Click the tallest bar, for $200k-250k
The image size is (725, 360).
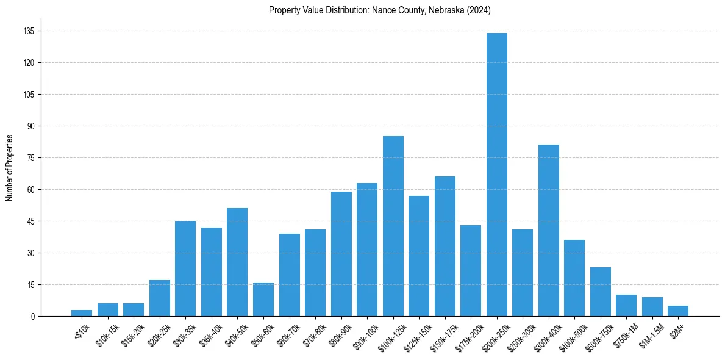click(496, 175)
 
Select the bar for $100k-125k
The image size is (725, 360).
click(393, 226)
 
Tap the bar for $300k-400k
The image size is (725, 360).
click(548, 230)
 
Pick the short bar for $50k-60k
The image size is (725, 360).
click(263, 299)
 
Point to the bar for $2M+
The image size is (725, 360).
click(678, 311)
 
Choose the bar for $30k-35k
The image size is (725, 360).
click(185, 268)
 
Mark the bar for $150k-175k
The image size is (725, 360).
click(445, 246)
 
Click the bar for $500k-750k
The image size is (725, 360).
click(600, 292)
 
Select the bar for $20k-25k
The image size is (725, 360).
click(160, 298)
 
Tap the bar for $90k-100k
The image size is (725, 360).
click(367, 250)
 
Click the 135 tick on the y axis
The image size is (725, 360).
click(29, 31)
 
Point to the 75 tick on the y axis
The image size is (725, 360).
click(30, 158)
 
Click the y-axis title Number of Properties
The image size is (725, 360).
click(9, 168)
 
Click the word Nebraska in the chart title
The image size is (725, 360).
click(445, 10)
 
